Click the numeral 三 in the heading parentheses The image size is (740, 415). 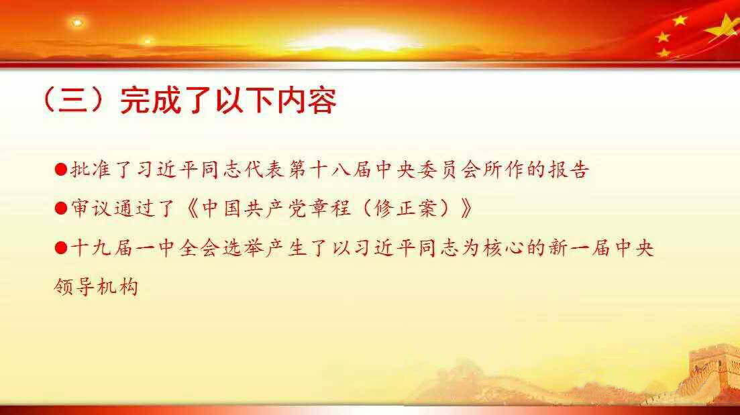74,101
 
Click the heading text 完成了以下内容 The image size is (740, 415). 228,101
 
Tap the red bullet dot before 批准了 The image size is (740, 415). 61,170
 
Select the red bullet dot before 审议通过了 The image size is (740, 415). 61,208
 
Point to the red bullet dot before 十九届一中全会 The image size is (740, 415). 61,247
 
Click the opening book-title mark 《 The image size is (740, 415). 193,209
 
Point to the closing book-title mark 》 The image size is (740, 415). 466,209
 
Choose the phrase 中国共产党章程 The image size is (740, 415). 276,209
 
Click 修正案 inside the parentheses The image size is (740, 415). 406,209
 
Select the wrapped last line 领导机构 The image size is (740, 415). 96,286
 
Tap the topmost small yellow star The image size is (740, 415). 680,20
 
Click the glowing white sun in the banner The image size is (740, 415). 354,40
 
